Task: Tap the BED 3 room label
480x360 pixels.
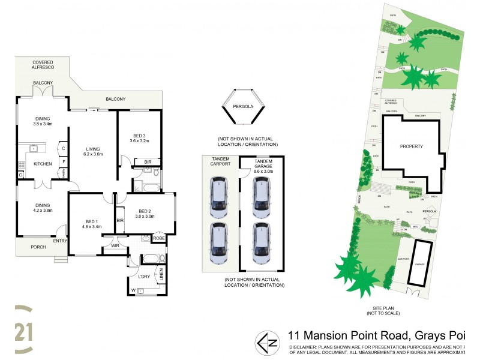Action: click(139, 137)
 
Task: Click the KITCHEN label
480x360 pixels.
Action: click(42, 164)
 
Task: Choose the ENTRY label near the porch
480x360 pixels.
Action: click(60, 241)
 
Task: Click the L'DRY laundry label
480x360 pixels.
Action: click(144, 276)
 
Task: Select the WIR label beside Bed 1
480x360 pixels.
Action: click(114, 245)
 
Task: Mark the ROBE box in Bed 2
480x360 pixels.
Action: click(158, 238)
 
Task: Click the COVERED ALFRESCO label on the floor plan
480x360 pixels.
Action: click(43, 64)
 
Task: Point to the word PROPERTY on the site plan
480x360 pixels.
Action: click(412, 146)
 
